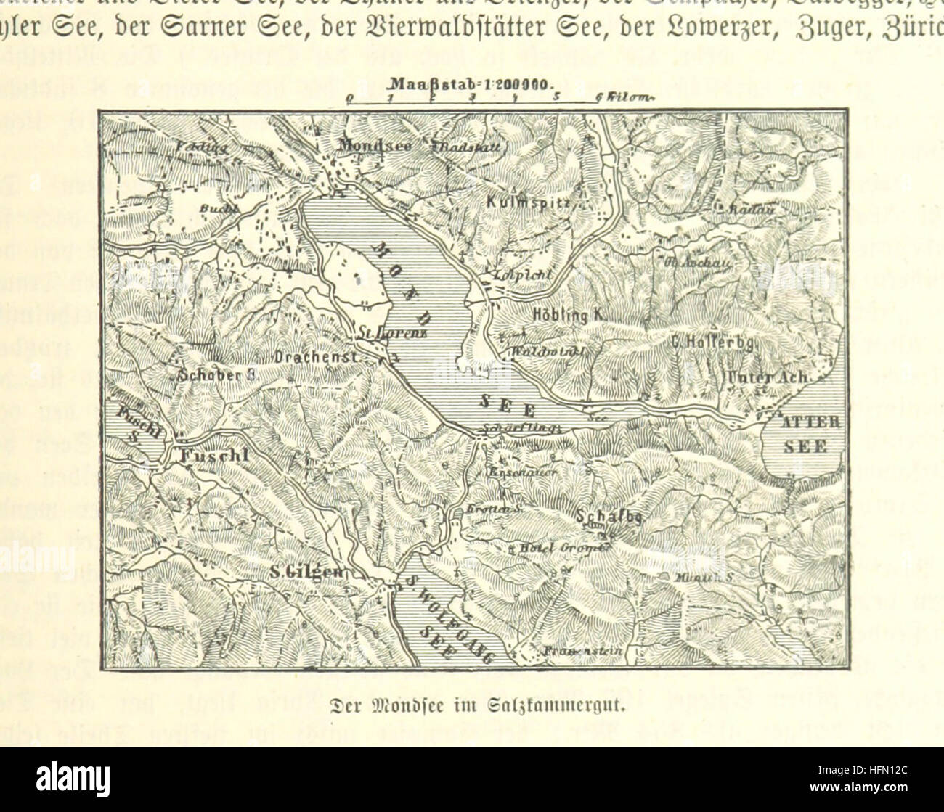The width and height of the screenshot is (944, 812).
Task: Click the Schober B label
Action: click(214, 377)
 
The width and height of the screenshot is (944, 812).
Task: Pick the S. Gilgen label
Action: click(305, 573)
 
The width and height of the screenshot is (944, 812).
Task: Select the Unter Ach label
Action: click(771, 377)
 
